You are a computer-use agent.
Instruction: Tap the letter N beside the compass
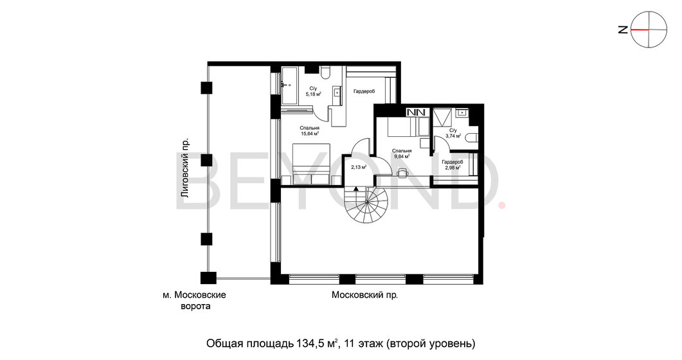(x=623, y=30)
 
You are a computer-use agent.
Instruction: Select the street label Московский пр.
(x=364, y=295)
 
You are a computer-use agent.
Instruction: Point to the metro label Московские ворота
(x=195, y=300)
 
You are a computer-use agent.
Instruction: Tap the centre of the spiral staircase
(x=366, y=203)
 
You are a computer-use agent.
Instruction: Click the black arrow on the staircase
(x=356, y=189)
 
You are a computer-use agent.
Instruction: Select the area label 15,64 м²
(x=309, y=134)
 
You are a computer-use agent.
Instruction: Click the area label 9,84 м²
(x=401, y=156)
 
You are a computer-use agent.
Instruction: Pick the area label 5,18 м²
(x=313, y=94)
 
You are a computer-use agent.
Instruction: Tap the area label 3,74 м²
(x=453, y=136)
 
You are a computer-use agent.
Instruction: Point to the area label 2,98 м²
(x=453, y=167)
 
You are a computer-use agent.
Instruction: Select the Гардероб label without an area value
(x=364, y=91)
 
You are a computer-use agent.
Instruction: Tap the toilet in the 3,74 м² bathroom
(x=471, y=138)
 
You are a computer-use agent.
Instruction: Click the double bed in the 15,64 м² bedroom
(x=309, y=165)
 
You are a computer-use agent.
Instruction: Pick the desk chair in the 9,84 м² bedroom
(x=404, y=172)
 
